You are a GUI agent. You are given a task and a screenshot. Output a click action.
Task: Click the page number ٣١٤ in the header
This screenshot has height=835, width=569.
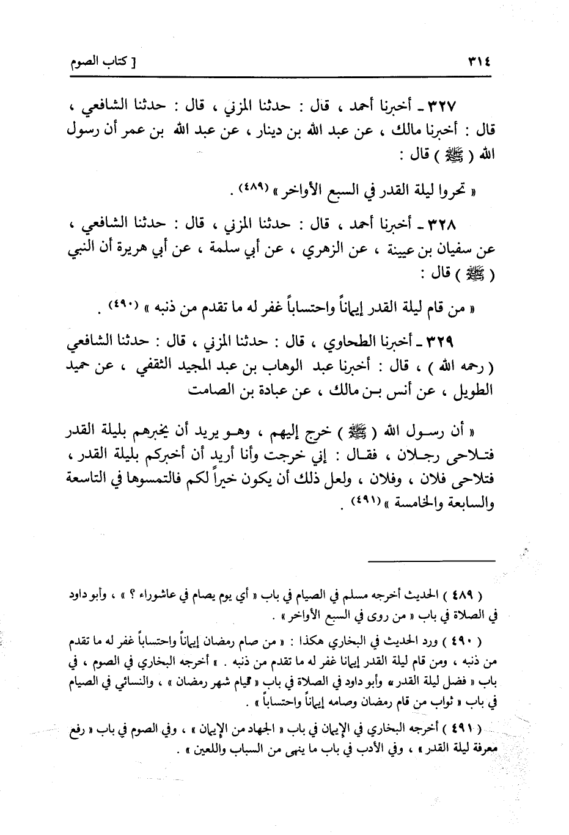tap(482, 62)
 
